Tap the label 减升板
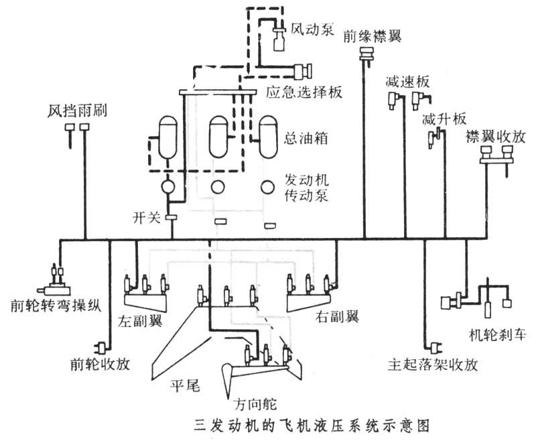[444, 119]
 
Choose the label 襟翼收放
[495, 136]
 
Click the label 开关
[146, 217]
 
